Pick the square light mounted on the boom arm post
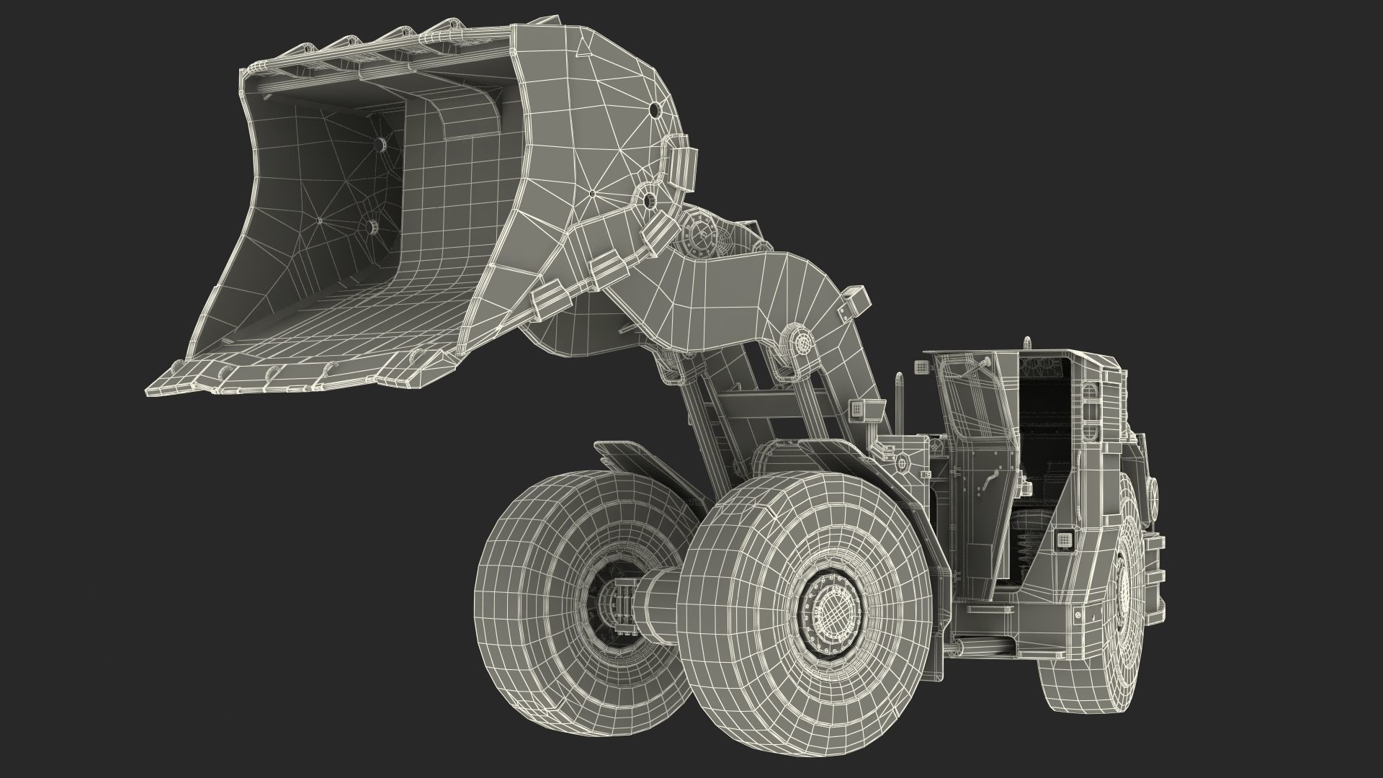857,408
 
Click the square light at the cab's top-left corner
920,367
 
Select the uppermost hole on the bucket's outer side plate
654,110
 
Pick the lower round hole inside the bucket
372,228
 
